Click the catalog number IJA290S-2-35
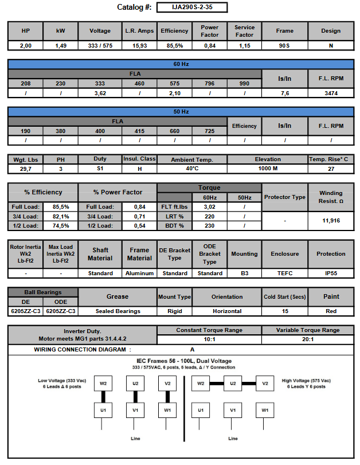pyautogui.click(x=191, y=7)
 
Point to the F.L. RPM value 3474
pyautogui.click(x=331, y=93)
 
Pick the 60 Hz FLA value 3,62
pyautogui.click(x=100, y=93)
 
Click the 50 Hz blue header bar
pyautogui.click(x=181, y=111)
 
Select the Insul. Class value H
pyautogui.click(x=139, y=169)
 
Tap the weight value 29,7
pyautogui.click(x=26, y=169)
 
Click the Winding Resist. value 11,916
pyautogui.click(x=331, y=220)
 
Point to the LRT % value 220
pyautogui.click(x=210, y=216)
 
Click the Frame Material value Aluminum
pyautogui.click(x=139, y=273)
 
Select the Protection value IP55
pyautogui.click(x=331, y=273)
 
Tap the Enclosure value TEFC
pyautogui.click(x=284, y=273)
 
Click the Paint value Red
pyautogui.click(x=331, y=311)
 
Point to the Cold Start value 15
pyautogui.click(x=284, y=311)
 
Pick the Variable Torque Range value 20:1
pyautogui.click(x=307, y=340)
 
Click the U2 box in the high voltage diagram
pyautogui.click(x=233, y=383)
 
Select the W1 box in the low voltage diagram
pyautogui.click(x=167, y=411)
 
